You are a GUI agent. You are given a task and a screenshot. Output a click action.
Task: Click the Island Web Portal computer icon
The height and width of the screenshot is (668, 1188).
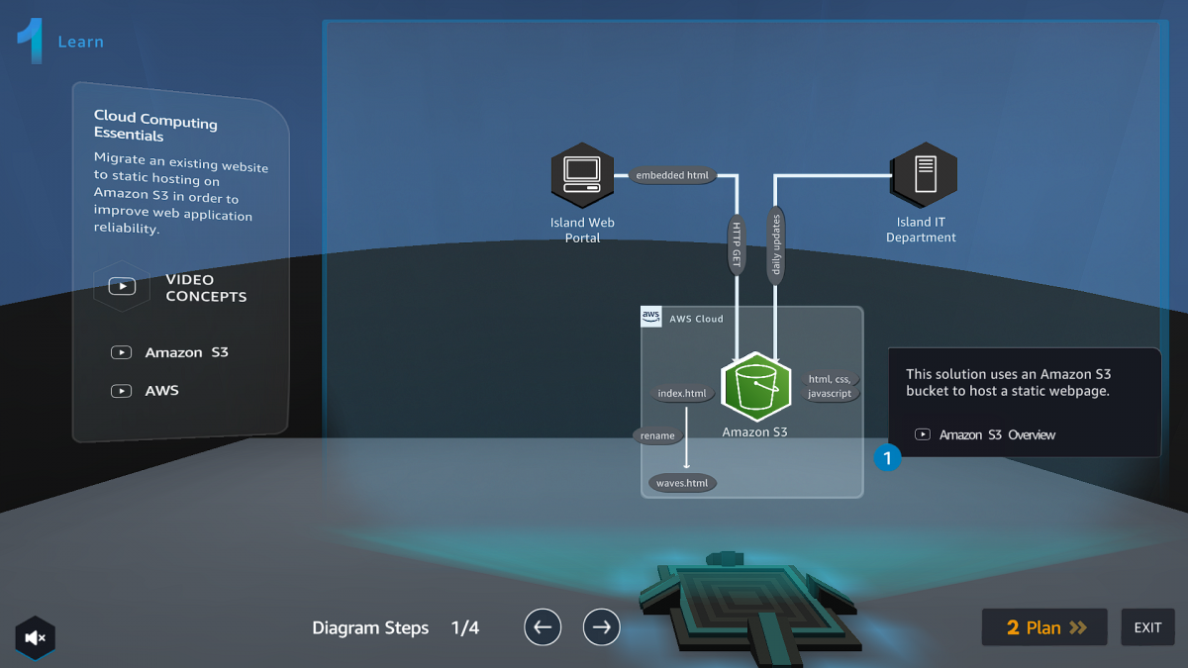tap(582, 175)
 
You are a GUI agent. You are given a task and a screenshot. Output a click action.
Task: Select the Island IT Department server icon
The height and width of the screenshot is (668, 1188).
tap(924, 175)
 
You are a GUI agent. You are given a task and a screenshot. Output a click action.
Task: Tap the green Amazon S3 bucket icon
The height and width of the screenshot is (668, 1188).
tap(755, 387)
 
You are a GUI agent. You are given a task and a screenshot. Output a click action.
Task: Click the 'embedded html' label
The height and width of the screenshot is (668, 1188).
tap(672, 176)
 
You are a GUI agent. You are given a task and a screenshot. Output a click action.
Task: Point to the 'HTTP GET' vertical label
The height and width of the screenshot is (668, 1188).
tap(737, 244)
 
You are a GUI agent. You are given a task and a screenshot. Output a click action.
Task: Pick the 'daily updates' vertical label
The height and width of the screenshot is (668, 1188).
tap(776, 244)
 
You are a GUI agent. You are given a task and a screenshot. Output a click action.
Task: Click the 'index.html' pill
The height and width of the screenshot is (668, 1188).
tap(682, 394)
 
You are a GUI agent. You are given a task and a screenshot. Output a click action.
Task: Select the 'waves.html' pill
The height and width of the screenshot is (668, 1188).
tap(682, 483)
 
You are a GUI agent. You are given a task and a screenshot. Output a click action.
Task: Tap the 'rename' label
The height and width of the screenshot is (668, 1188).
tap(657, 435)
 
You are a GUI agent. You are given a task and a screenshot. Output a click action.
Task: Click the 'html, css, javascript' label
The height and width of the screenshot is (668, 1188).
tap(830, 386)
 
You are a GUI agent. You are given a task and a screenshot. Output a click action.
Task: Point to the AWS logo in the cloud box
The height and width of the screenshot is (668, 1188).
tap(651, 318)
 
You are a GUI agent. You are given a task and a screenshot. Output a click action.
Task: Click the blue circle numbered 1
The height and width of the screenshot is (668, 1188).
tap(887, 457)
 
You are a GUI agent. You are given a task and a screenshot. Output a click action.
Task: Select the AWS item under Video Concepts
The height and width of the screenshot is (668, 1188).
tap(161, 391)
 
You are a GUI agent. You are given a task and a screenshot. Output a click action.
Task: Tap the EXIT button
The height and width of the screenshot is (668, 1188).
tap(1147, 627)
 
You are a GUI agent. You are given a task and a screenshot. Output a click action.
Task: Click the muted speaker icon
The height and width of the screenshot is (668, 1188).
tap(36, 638)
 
